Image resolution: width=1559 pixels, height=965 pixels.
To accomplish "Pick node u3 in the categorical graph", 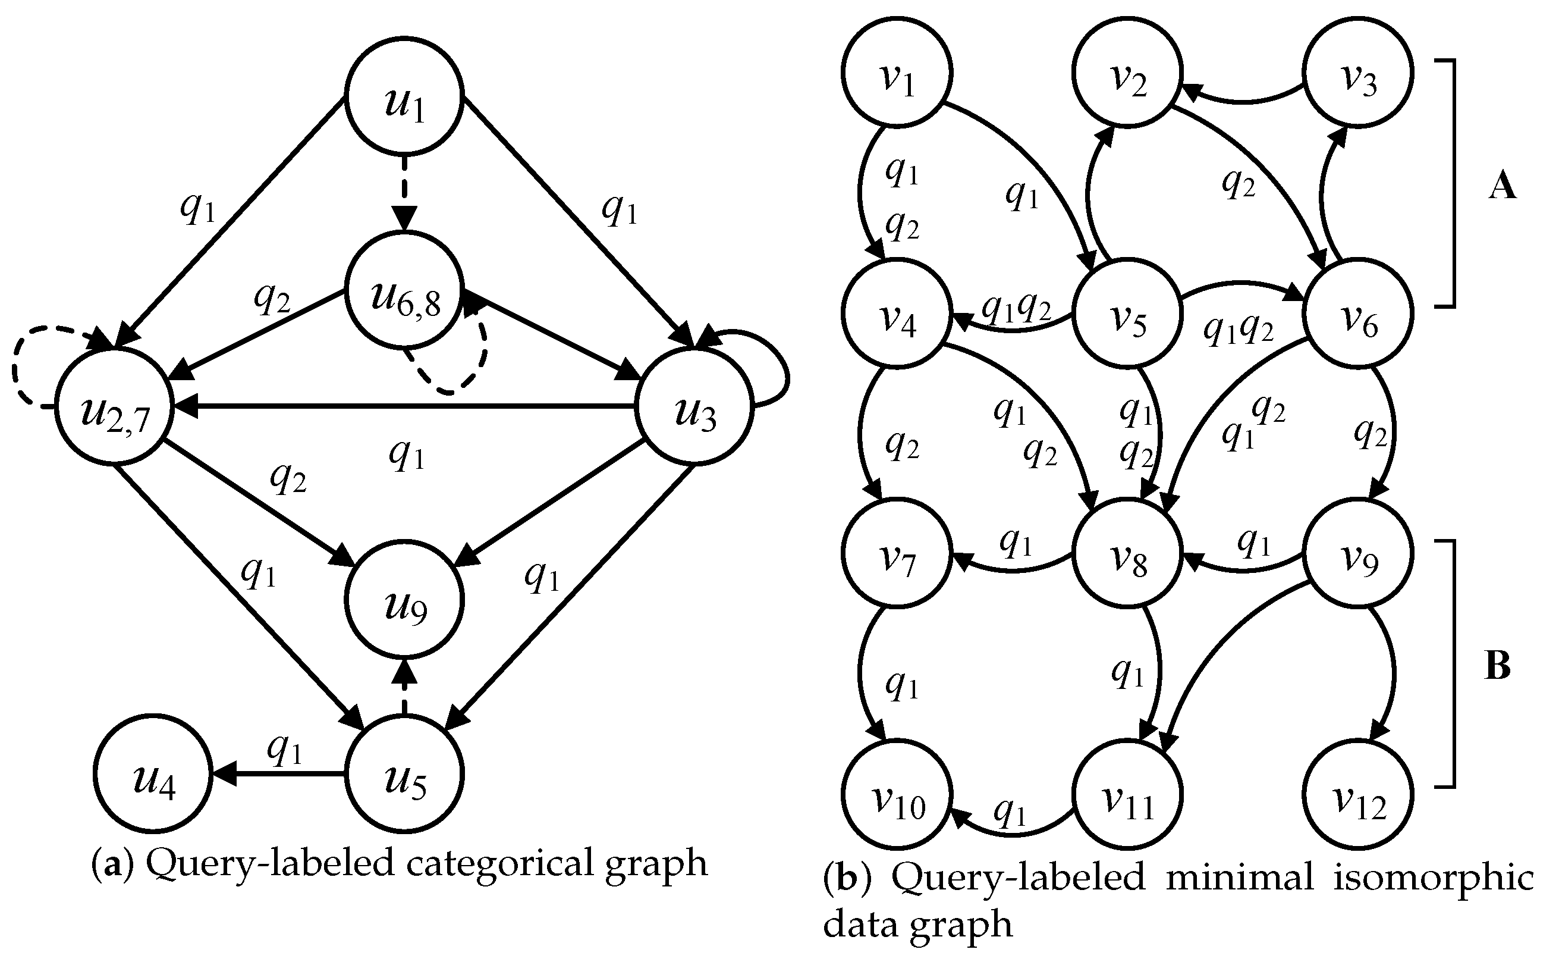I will [x=694, y=412].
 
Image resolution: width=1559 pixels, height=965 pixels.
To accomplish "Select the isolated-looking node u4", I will [x=153, y=778].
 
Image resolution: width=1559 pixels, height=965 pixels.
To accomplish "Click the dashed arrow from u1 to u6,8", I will [x=404, y=192].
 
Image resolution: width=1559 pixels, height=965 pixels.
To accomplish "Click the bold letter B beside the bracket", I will [x=1497, y=666].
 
